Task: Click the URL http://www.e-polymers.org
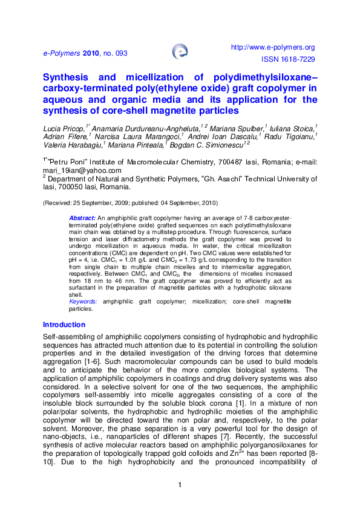coord(273,47)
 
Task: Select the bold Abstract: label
coord(83,217)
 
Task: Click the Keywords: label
coord(85,301)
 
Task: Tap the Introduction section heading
coord(65,324)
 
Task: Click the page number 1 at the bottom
coord(180,485)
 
